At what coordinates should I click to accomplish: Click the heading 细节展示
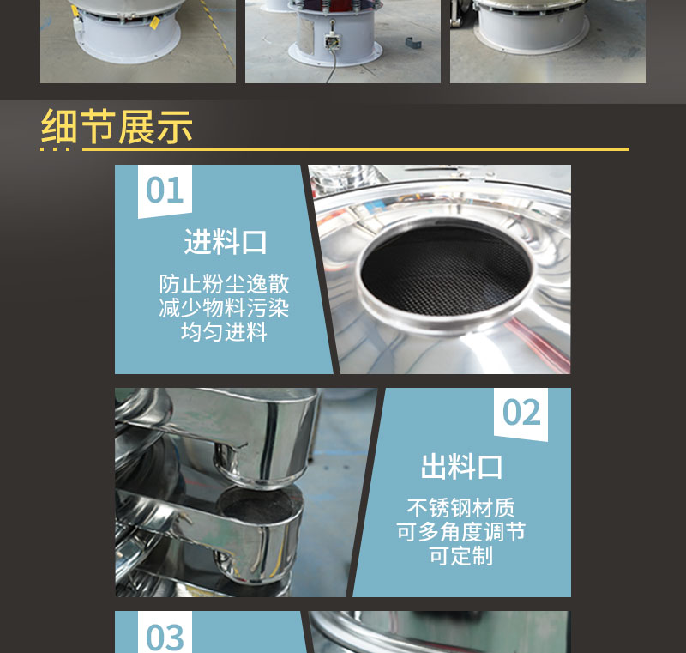(117, 126)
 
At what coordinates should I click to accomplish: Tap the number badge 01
(165, 190)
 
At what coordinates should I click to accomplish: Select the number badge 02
(521, 413)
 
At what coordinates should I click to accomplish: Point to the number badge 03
(165, 635)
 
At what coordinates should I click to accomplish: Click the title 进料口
(226, 242)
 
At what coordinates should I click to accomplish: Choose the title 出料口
(461, 467)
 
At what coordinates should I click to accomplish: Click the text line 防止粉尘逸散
(224, 284)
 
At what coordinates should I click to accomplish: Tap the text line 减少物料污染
(224, 308)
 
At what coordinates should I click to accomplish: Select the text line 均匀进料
(224, 331)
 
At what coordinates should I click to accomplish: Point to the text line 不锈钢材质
(461, 508)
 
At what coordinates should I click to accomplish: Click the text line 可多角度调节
(461, 532)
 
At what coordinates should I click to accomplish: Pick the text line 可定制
(461, 556)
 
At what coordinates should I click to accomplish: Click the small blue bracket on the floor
(413, 43)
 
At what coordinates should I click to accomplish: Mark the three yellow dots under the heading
(55, 149)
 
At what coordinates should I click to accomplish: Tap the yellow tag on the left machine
(154, 22)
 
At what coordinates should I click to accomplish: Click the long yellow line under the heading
(356, 149)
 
